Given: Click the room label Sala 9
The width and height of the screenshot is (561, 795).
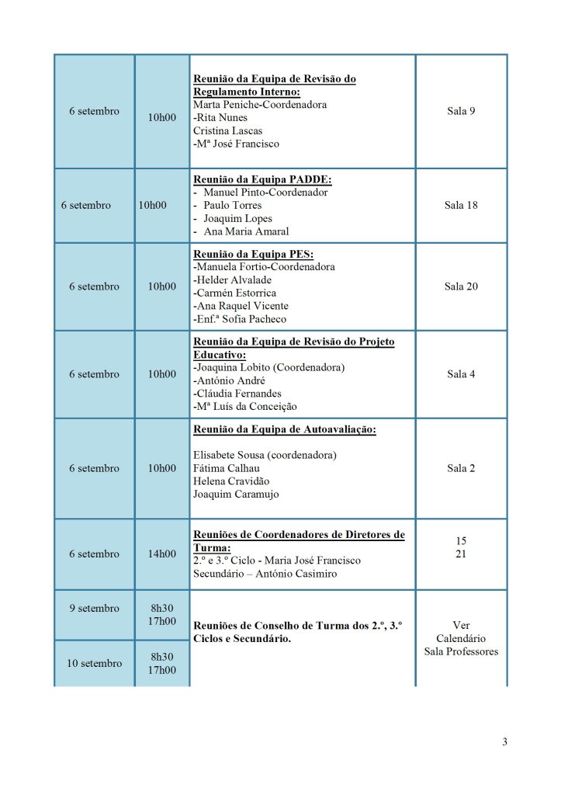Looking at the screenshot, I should pos(461,111).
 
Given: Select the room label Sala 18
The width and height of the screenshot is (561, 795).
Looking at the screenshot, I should pos(461,206).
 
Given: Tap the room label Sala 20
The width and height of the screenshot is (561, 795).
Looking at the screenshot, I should pos(461,286).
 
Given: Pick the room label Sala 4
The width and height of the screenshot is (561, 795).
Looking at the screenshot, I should pos(461,374).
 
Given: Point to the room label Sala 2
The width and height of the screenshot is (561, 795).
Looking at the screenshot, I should pos(461,468).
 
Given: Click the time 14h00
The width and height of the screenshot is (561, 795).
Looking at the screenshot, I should pos(162,554).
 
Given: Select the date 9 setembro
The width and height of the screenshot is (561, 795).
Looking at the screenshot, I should pos(94,608).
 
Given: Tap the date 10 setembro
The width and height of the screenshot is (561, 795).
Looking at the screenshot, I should pos(94,663).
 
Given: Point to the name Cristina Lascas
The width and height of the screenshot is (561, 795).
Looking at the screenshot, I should pos(229,130).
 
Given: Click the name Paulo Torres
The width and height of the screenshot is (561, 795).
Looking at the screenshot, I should pos(232,206).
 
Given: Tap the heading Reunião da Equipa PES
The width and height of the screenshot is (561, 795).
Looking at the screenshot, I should pos(252,254).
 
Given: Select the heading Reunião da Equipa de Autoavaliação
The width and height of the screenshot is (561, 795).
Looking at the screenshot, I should pos(283,430).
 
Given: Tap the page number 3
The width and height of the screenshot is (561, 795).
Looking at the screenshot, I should pos(504,741).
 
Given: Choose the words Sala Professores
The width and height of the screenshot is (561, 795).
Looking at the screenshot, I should pos(461,651).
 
